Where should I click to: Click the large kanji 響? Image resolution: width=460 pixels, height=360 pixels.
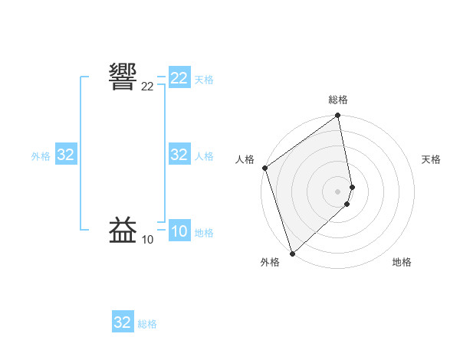coord(123,77)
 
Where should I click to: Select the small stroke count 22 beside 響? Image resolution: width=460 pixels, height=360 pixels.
coord(147,87)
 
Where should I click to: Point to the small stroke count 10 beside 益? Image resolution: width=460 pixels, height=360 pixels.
coord(147,240)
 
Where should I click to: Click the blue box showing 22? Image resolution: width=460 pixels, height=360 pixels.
coord(179,78)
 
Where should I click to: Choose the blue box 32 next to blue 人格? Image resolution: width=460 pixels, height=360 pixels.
coord(179,155)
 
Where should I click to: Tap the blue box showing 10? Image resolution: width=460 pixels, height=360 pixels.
coord(179,231)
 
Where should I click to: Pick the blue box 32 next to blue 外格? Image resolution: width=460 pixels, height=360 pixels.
coord(66,155)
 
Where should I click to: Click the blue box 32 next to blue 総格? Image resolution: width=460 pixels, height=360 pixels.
coord(123,322)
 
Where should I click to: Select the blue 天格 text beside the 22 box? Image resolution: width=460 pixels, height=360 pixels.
coord(204,79)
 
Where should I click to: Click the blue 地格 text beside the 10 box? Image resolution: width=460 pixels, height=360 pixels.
coord(204,233)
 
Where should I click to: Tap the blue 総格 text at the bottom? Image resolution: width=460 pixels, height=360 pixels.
coord(147,324)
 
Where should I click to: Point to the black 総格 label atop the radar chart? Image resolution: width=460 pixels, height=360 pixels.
coord(338,100)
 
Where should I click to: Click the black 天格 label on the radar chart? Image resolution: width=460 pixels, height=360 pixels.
coord(431,159)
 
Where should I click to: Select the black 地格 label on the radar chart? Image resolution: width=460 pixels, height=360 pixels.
coord(402,262)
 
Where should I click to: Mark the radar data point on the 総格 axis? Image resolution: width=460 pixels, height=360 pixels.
coord(338,116)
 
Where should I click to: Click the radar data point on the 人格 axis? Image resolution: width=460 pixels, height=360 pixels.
coord(264,168)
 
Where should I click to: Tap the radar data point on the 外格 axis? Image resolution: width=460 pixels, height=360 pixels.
coord(292,254)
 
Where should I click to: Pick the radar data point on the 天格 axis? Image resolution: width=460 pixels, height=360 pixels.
coord(353,186)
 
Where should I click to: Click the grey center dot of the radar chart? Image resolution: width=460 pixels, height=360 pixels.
coord(338,191)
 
